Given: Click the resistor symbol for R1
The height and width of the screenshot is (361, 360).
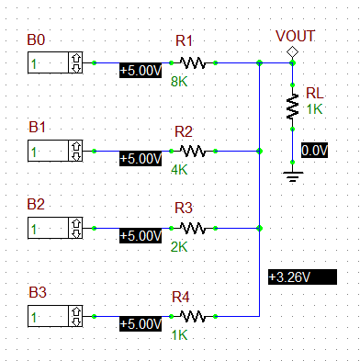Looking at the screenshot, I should tap(192, 62).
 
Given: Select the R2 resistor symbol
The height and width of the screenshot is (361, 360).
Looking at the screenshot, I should tap(192, 150).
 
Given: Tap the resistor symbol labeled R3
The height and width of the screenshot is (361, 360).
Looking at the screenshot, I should tap(192, 227).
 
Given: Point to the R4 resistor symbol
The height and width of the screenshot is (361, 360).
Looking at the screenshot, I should tap(192, 316).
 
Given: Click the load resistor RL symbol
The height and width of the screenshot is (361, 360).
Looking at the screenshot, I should tap(292, 109).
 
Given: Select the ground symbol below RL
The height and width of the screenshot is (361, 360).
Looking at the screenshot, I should tap(292, 175).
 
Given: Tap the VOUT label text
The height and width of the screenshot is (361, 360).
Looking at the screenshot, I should tap(295, 36).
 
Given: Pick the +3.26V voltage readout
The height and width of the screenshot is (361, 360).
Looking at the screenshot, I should tap(295, 276).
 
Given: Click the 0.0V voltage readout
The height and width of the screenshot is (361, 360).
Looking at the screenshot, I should tap(314, 150).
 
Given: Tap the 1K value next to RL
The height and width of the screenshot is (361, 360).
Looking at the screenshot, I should tap(315, 109).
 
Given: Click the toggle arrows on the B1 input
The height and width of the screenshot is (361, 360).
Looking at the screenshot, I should tap(75, 150).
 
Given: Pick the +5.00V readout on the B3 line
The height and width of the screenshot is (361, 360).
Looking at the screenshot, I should tap(141, 323).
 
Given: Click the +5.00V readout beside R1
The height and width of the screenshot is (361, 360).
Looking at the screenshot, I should tap(141, 70).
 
